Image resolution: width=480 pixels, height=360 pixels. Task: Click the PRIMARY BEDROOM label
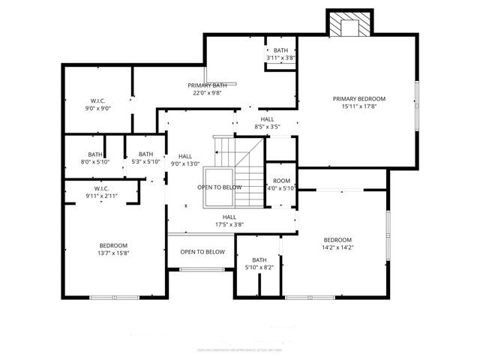[x=359, y=99]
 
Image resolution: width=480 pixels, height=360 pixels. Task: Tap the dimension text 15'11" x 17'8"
[x=359, y=106]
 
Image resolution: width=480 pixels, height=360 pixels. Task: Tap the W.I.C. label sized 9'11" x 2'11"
[x=103, y=188]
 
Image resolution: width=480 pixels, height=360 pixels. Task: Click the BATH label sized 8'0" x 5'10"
[x=95, y=154]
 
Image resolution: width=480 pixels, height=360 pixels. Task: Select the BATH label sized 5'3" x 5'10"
[x=145, y=154]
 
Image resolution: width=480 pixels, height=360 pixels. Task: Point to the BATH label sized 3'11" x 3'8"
[x=280, y=50]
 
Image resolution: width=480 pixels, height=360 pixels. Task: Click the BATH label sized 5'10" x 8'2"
[x=259, y=259]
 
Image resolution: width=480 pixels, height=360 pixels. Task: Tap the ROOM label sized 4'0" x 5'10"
[x=281, y=181]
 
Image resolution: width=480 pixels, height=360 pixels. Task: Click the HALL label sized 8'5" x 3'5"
[x=267, y=119]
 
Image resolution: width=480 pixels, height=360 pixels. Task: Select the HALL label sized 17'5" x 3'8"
[x=229, y=216]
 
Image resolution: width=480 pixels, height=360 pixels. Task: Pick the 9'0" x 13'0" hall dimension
[x=185, y=163]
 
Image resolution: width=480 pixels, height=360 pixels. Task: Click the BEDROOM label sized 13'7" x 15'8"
[x=113, y=245]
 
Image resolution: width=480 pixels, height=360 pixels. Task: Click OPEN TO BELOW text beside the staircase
[x=220, y=187]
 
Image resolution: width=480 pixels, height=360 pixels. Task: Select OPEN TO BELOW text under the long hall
[x=202, y=252]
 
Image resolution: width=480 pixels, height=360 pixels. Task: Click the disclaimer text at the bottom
[x=239, y=349]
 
